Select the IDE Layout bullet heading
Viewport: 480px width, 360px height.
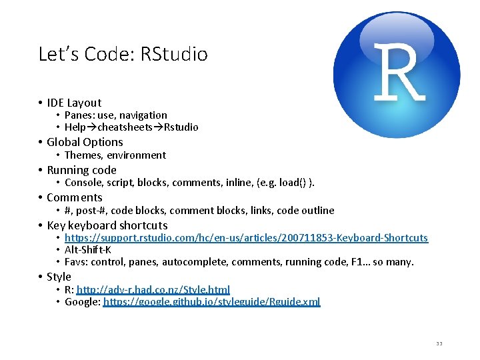tap(74, 103)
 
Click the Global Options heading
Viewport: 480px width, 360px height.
tap(85, 142)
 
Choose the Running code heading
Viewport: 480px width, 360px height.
tap(81, 170)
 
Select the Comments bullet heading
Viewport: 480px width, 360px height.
tap(75, 197)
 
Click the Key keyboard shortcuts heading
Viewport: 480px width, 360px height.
tap(107, 225)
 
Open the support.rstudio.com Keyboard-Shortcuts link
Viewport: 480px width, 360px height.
tap(246, 238)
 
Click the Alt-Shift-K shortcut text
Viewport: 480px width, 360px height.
tap(88, 250)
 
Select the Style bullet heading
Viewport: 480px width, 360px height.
tap(59, 277)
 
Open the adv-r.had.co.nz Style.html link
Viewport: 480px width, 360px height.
tap(153, 289)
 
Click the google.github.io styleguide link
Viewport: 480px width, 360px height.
tap(211, 302)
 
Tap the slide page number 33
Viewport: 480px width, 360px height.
tap(439, 343)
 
